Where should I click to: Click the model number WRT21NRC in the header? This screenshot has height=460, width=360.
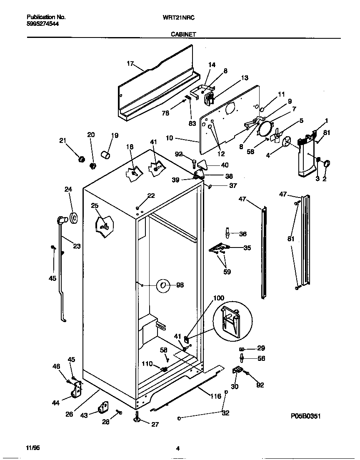click(179, 17)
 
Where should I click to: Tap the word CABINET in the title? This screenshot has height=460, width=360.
click(183, 35)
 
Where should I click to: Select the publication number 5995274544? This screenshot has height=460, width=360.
click(42, 24)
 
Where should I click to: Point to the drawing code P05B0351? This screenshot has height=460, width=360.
click(305, 416)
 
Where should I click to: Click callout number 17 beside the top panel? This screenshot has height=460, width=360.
click(130, 64)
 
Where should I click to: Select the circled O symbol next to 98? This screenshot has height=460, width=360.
click(163, 285)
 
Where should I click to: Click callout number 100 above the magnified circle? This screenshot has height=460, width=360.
click(218, 298)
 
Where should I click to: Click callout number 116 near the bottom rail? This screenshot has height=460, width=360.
click(215, 396)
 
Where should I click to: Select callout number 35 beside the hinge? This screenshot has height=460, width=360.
click(247, 248)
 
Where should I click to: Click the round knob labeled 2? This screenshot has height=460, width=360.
click(326, 163)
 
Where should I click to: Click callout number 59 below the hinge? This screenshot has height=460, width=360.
click(227, 272)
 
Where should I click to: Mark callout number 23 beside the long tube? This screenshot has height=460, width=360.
click(77, 246)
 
